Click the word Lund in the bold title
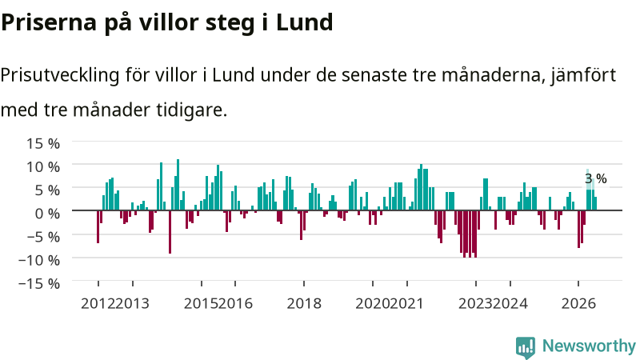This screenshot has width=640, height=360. [305, 22]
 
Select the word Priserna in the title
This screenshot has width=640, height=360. [49, 22]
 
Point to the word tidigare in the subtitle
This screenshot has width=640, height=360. [191, 110]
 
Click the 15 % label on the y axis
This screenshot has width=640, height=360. [43, 144]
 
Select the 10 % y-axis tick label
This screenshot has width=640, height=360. [43, 167]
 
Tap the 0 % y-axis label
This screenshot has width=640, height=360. [47, 214]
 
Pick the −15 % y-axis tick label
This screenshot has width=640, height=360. [39, 283]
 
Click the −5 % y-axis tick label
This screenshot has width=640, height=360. [43, 237]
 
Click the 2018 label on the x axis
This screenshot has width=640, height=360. [304, 304]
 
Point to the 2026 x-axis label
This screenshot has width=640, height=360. [578, 304]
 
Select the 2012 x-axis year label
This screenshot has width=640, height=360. [98, 304]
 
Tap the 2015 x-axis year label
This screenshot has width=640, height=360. [201, 304]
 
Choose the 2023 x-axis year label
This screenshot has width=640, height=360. [475, 304]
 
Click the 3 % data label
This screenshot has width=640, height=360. [595, 178]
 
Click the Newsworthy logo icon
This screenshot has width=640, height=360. [526, 347]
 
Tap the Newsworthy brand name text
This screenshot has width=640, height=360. [589, 346]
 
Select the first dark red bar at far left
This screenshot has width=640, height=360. [98, 227]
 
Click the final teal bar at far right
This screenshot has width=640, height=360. [595, 204]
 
